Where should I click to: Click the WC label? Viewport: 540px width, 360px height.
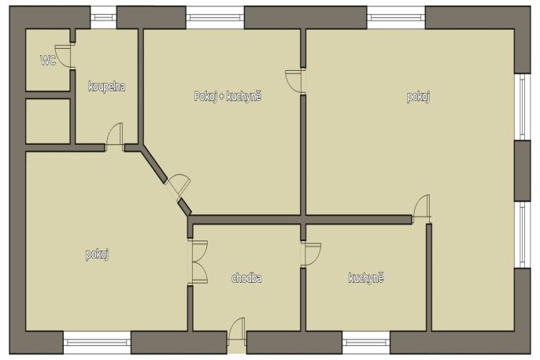(x=48, y=61)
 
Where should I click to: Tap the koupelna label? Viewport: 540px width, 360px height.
(x=107, y=86)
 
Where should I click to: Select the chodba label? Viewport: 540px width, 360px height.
(x=246, y=277)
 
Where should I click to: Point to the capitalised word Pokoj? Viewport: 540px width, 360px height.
(x=205, y=96)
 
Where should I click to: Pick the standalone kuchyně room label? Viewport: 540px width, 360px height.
(x=366, y=277)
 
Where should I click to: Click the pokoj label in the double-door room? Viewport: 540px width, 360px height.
(x=97, y=254)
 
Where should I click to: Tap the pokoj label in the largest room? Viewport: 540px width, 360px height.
(x=418, y=97)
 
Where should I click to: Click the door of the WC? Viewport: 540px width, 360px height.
(x=63, y=55)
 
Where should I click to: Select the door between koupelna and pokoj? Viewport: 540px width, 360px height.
(x=115, y=137)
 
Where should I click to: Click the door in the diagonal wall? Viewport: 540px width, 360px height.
(x=179, y=187)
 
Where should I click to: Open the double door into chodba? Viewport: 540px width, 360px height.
(x=198, y=262)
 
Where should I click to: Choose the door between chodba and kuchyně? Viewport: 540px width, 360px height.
(x=311, y=254)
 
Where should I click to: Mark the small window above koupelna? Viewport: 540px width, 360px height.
(x=103, y=17)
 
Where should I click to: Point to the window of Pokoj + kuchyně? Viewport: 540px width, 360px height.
(x=215, y=17)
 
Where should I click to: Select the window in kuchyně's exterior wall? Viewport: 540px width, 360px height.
(x=366, y=343)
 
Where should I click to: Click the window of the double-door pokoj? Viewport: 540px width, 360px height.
(x=97, y=343)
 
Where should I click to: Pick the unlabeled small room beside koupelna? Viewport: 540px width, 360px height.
(x=48, y=121)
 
